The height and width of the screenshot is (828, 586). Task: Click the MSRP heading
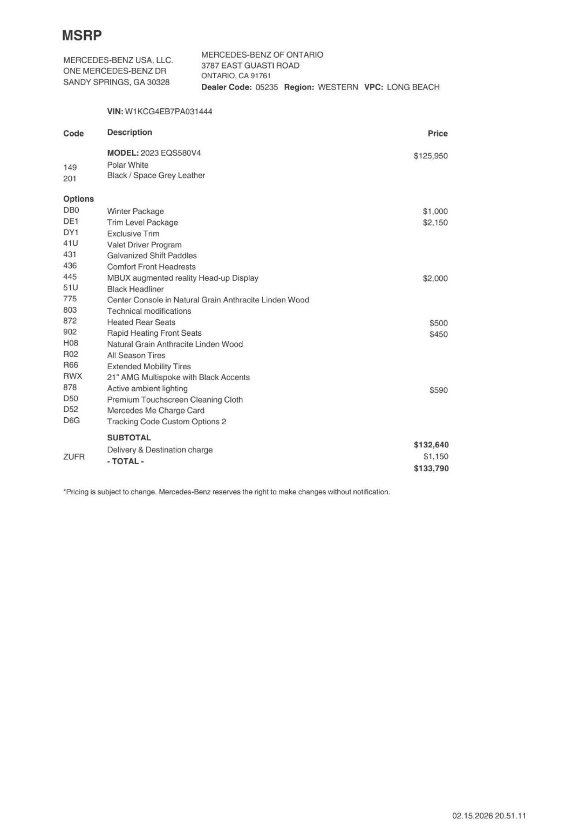(82, 36)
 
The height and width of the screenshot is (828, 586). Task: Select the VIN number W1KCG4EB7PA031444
(168, 112)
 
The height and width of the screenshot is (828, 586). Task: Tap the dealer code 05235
(267, 87)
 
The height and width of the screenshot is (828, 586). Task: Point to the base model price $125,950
(430, 156)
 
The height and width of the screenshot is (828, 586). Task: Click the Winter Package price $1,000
(435, 212)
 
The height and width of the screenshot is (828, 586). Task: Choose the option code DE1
(71, 221)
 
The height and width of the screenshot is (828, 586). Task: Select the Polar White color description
(128, 165)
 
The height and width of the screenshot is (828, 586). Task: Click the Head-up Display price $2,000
(435, 279)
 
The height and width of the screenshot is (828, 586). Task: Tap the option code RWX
(73, 376)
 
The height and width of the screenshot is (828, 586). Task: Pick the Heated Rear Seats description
(141, 322)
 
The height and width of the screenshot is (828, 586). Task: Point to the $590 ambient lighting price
(438, 391)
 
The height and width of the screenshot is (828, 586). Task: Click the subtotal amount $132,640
(431, 445)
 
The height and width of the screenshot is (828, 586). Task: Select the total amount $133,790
(431, 469)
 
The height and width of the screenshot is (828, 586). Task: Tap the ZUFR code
(74, 457)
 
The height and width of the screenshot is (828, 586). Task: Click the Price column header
(437, 134)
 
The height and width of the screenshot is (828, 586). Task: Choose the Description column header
(129, 133)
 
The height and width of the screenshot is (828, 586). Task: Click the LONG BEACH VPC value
(413, 87)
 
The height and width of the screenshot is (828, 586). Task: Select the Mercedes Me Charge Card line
(156, 411)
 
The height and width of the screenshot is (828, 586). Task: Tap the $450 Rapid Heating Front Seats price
(438, 334)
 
